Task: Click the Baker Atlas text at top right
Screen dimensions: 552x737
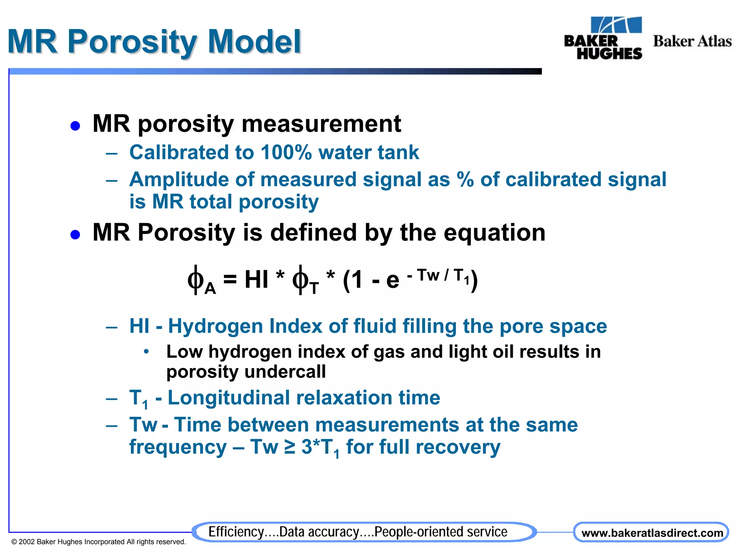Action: (692, 41)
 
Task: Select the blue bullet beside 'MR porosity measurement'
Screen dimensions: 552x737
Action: (75, 126)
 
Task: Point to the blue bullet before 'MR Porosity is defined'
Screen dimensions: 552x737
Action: (75, 235)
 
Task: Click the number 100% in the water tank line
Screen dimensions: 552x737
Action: (286, 152)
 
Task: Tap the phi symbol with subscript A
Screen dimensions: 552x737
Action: (196, 280)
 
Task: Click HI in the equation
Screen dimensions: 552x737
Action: (256, 279)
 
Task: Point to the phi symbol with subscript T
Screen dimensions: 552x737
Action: (300, 280)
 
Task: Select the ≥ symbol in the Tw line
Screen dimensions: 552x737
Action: (290, 447)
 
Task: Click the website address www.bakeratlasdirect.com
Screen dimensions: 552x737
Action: (652, 533)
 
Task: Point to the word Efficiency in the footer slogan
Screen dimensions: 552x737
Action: (236, 532)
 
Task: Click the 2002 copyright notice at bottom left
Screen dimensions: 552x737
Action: (99, 542)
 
